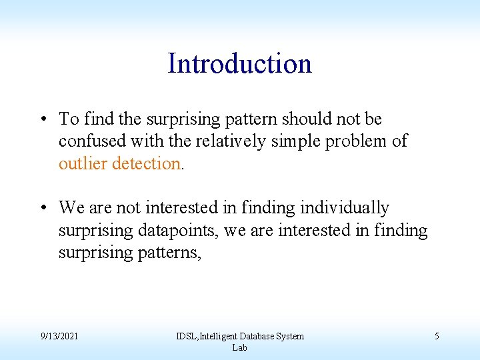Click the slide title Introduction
tap(239, 64)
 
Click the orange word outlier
tap(83, 163)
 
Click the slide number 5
tap(437, 337)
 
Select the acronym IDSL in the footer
tap(185, 337)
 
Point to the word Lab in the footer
tap(239, 347)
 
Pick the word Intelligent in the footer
tap(219, 337)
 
